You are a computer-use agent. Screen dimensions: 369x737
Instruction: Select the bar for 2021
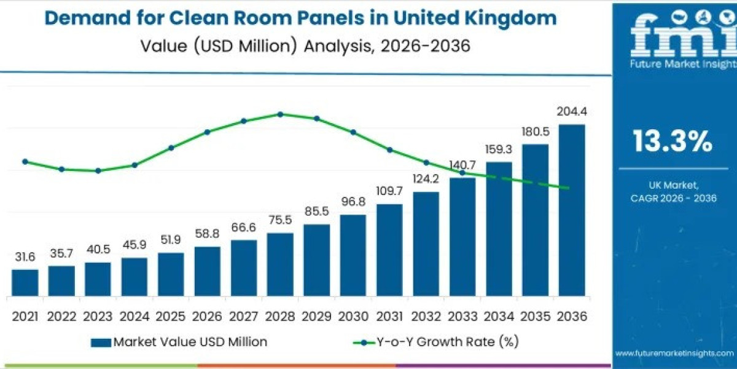point(25,282)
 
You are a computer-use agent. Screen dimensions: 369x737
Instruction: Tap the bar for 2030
point(353,255)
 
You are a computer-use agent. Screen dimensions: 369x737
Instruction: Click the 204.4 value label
point(571,112)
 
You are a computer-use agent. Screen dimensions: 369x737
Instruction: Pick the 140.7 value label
point(462,165)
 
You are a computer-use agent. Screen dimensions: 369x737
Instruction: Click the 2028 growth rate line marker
point(280,114)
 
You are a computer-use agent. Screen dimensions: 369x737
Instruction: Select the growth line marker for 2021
point(25,162)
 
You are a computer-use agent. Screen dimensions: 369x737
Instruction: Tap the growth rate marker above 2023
point(98,170)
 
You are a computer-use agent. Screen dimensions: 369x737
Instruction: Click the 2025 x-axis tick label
point(171,316)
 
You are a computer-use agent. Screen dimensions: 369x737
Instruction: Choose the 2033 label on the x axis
point(462,316)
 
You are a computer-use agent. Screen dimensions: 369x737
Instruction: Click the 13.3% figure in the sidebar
point(673,142)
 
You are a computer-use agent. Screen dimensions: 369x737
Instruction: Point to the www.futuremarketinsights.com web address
point(674,354)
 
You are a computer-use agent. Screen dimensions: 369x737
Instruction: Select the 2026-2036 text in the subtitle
point(418,46)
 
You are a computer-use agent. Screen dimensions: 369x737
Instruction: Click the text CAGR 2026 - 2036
point(674,198)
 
